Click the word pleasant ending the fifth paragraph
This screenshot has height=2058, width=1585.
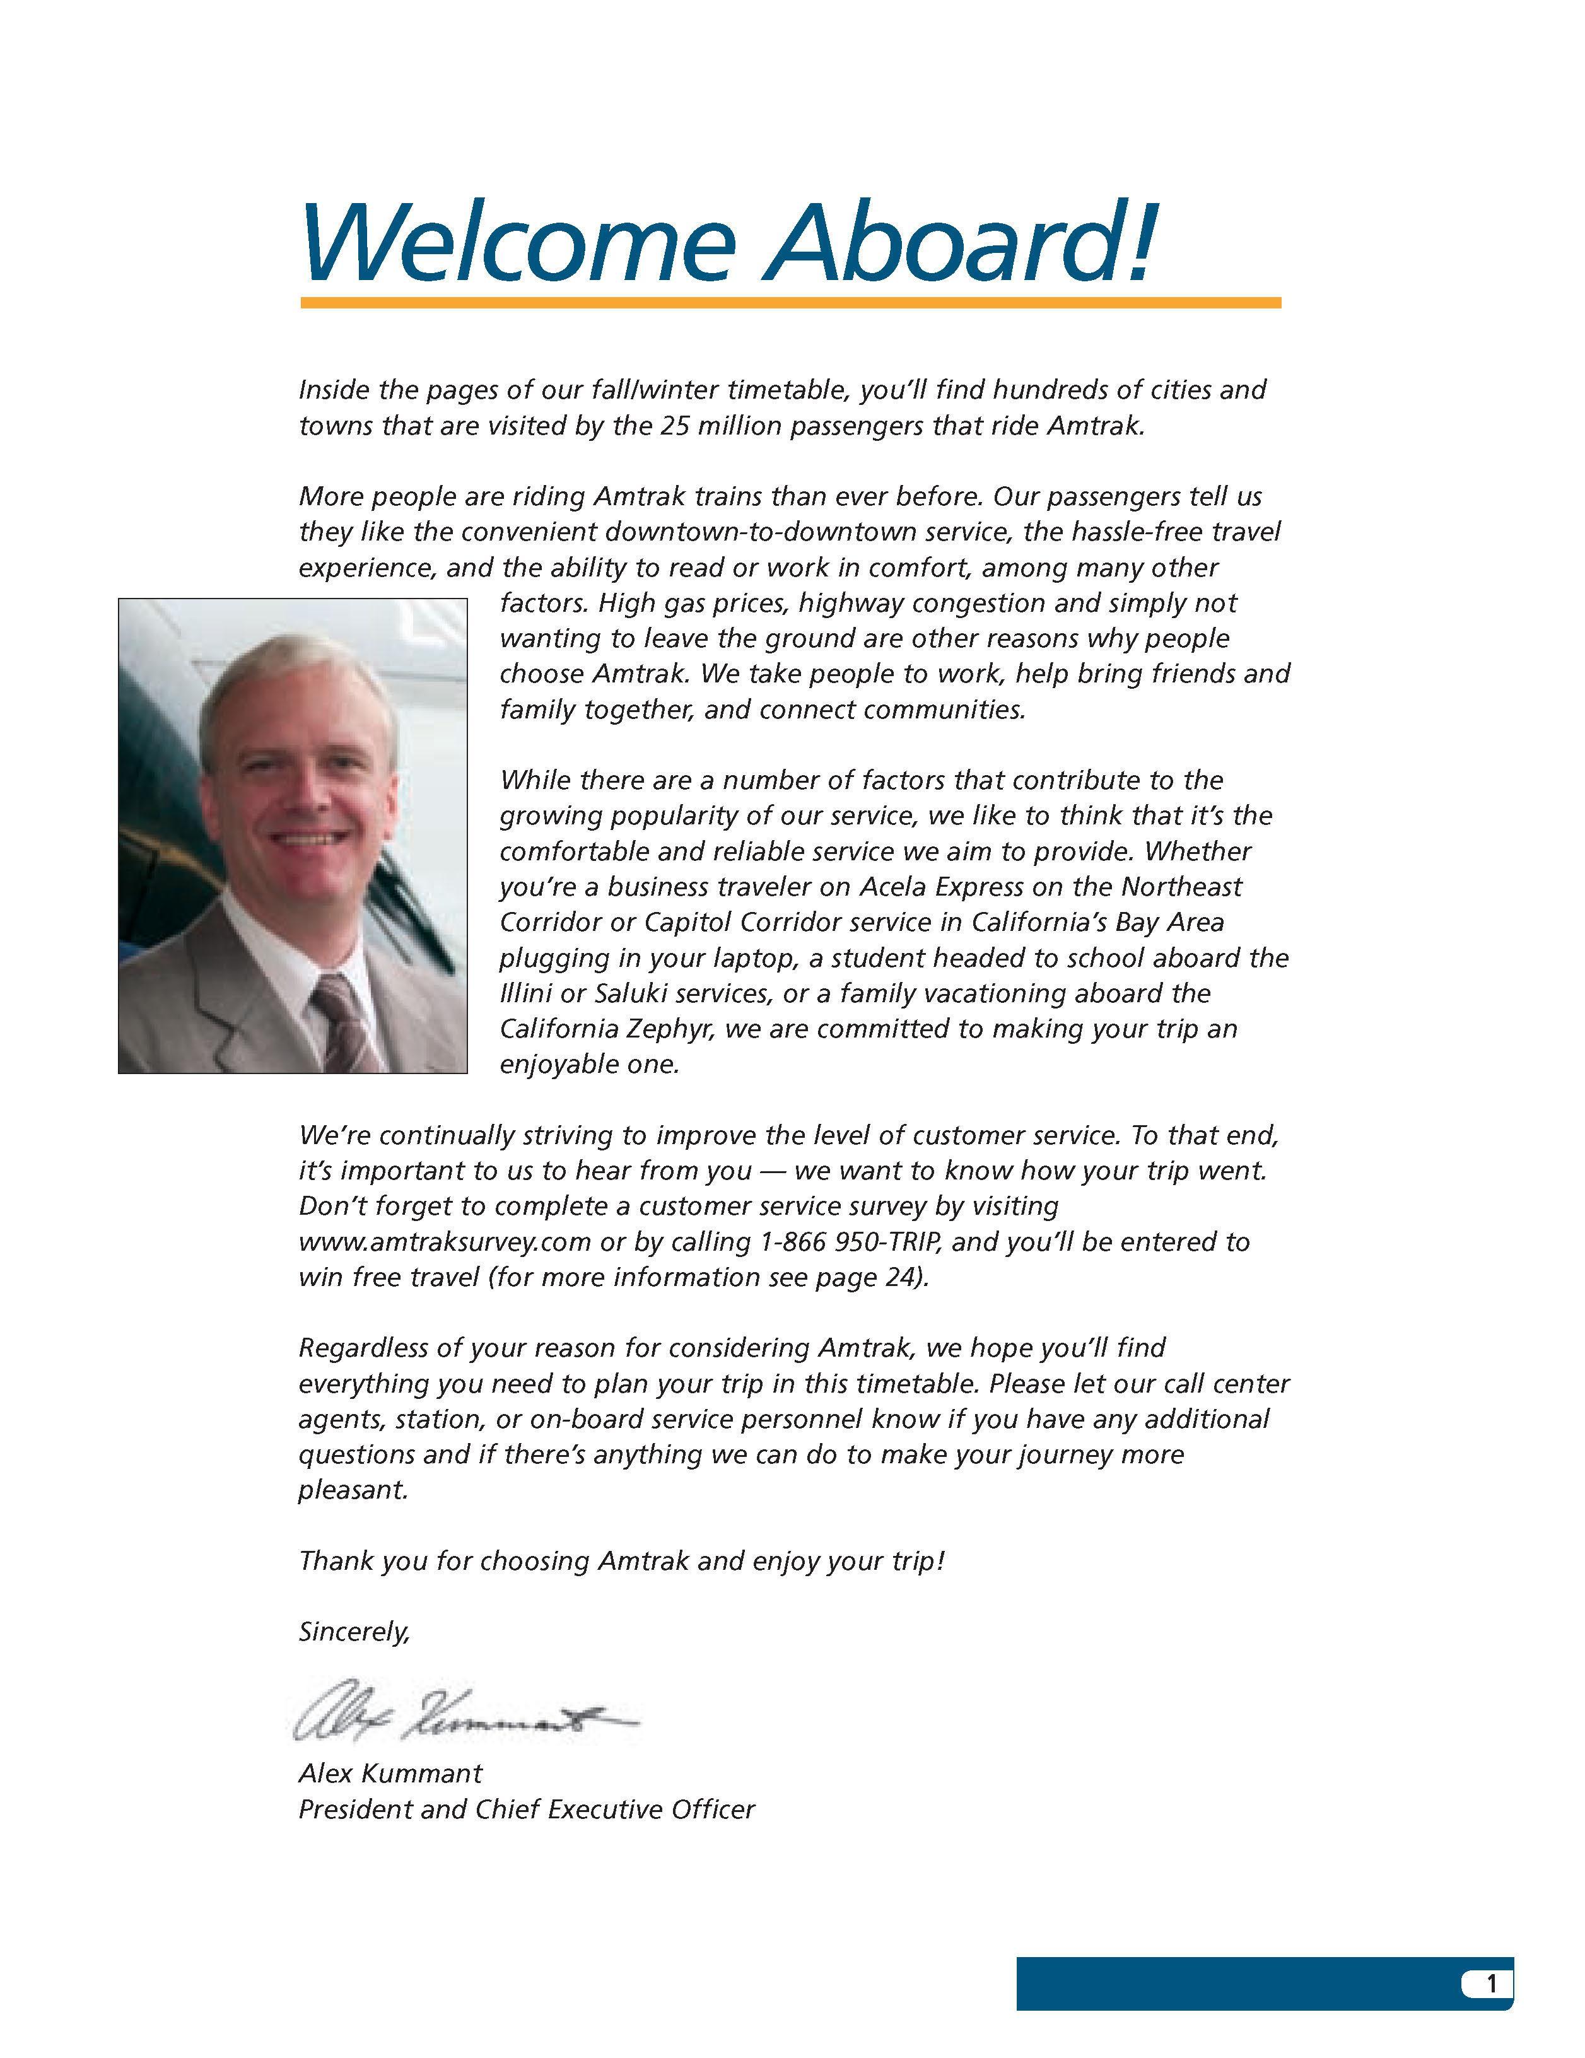353,1490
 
